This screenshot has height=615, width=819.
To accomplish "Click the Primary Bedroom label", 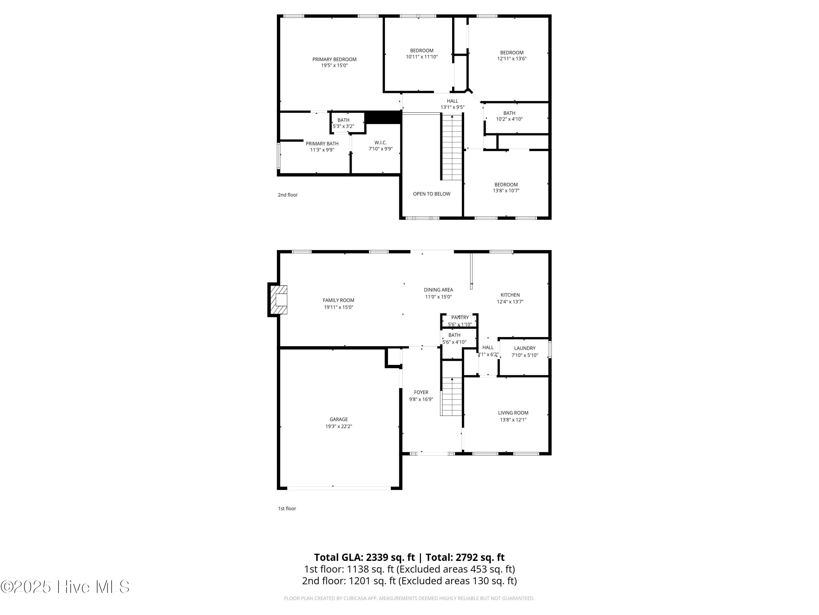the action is pos(334,59).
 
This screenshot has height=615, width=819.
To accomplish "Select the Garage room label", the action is pos(339,419).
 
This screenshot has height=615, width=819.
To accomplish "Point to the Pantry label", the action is pos(460,317).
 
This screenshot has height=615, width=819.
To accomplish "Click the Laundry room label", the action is pos(525,348).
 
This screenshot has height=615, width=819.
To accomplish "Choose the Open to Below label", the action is pos(432,194).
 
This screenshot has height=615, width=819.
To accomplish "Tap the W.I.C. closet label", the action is pos(381,143).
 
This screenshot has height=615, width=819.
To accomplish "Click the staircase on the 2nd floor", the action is pos(452,148).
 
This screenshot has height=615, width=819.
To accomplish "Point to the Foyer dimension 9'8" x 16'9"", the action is pos(421,399).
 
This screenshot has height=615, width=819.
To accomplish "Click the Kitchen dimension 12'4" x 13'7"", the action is pos(510,302).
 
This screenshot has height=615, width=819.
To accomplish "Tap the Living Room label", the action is pos(513,412).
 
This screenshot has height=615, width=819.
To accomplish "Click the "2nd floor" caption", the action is pos(288,195).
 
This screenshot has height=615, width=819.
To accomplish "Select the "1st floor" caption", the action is pos(287,509).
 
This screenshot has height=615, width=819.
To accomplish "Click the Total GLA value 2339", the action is pos(378,557).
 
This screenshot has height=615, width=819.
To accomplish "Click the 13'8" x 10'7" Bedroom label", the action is pos(506,188).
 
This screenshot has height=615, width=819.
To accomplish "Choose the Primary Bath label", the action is pos(322,143).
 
